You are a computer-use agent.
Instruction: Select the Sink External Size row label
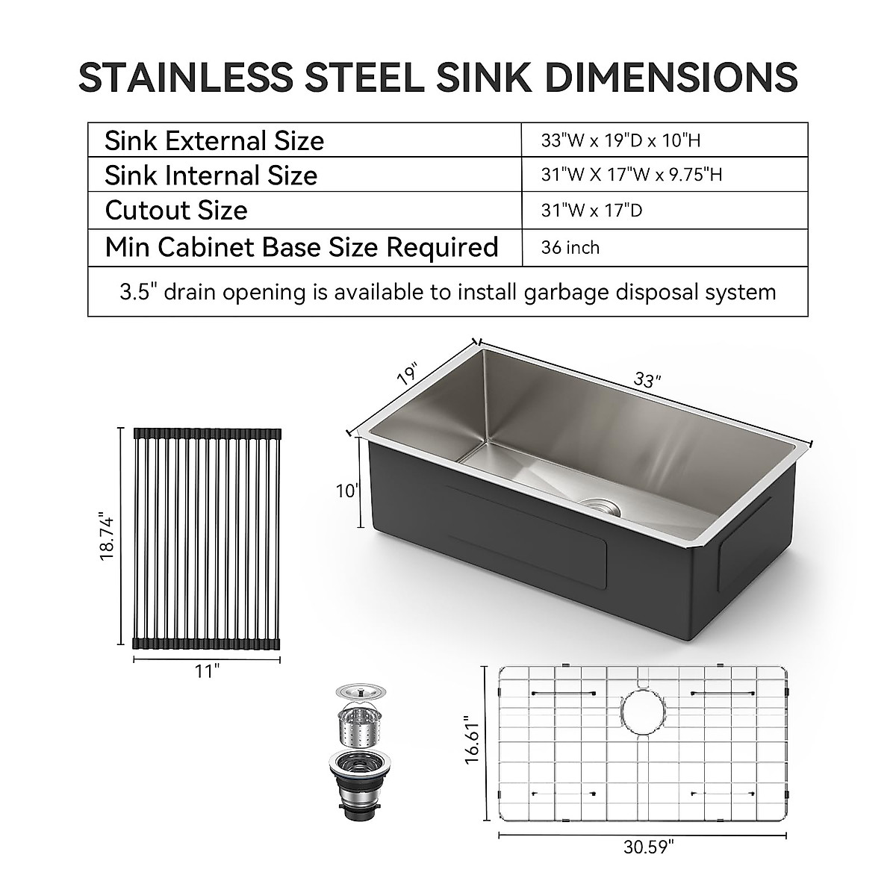tap(214, 140)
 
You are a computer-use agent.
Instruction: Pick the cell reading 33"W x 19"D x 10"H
tap(620, 140)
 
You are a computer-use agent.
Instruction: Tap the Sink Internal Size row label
tap(211, 175)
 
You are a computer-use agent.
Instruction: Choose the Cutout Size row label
tap(176, 210)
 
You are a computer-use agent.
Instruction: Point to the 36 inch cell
tap(570, 247)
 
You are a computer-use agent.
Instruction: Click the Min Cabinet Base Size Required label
tap(302, 246)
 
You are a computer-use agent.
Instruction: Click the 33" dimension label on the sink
tap(647, 381)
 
